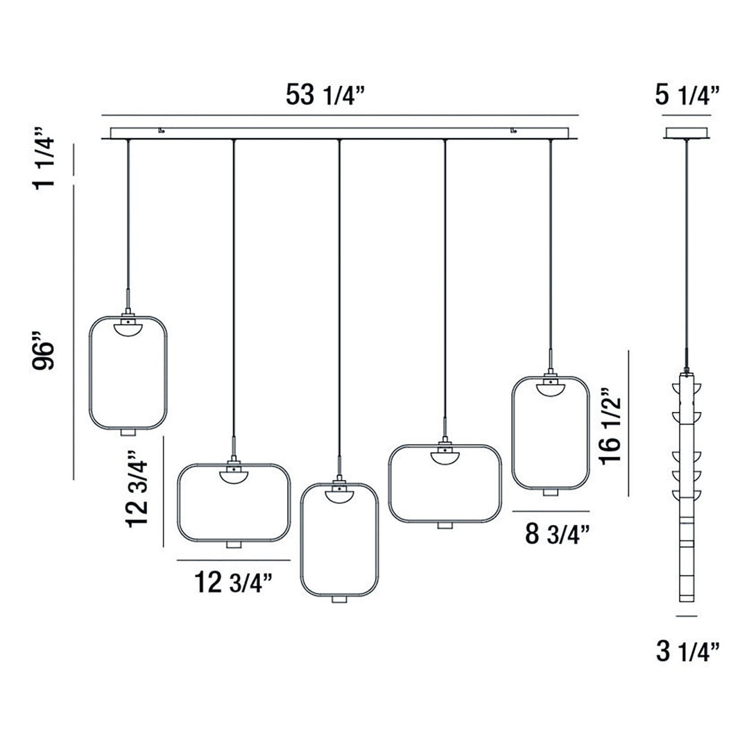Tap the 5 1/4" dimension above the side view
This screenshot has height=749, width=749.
pyautogui.click(x=687, y=95)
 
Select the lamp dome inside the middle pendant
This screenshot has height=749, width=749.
pyautogui.click(x=339, y=494)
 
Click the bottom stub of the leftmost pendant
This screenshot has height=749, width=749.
pyautogui.click(x=128, y=433)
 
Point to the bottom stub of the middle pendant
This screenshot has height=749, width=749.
pyautogui.click(x=339, y=599)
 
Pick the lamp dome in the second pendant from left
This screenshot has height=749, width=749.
pyautogui.click(x=233, y=477)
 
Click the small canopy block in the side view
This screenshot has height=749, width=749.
pyautogui.click(x=687, y=132)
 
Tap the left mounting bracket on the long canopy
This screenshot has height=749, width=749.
pyautogui.click(x=162, y=129)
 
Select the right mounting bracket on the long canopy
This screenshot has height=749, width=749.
pyautogui.click(x=514, y=129)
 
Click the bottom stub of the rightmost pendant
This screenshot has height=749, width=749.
pyautogui.click(x=550, y=492)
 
